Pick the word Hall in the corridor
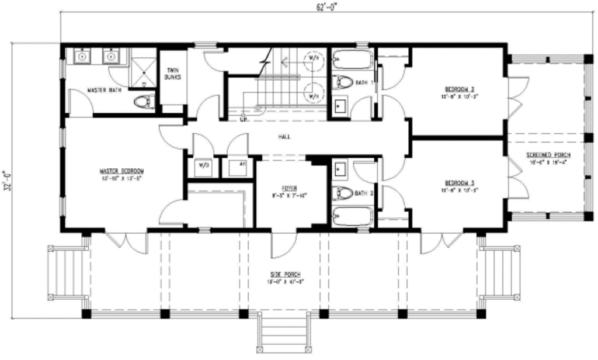pos(286,137)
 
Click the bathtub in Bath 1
pos(352,60)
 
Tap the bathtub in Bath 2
pos(352,217)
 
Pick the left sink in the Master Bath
pos(82,57)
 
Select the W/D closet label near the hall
pos(204,165)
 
